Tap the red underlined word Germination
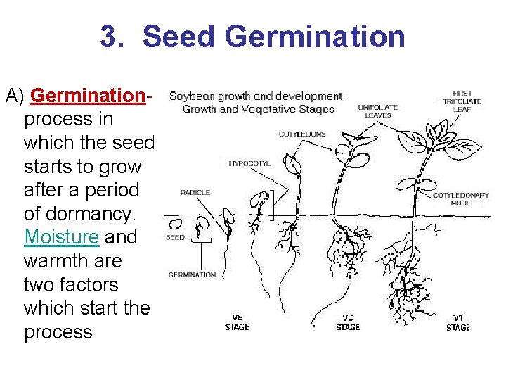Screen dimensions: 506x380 point(87,95)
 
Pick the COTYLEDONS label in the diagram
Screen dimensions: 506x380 point(302,134)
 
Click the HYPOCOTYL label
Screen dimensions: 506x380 point(249,163)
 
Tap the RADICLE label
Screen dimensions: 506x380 point(195,193)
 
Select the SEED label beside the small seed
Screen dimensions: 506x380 point(175,238)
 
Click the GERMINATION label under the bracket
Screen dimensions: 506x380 point(192,274)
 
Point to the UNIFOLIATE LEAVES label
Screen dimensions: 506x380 point(377,111)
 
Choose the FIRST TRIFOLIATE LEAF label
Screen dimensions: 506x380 point(462,101)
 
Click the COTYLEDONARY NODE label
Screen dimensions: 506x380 point(461,199)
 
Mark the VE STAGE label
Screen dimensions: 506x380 point(237,322)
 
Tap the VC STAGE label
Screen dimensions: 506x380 point(348,322)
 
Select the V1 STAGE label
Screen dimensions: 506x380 point(458,322)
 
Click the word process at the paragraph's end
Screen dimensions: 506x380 point(58,332)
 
